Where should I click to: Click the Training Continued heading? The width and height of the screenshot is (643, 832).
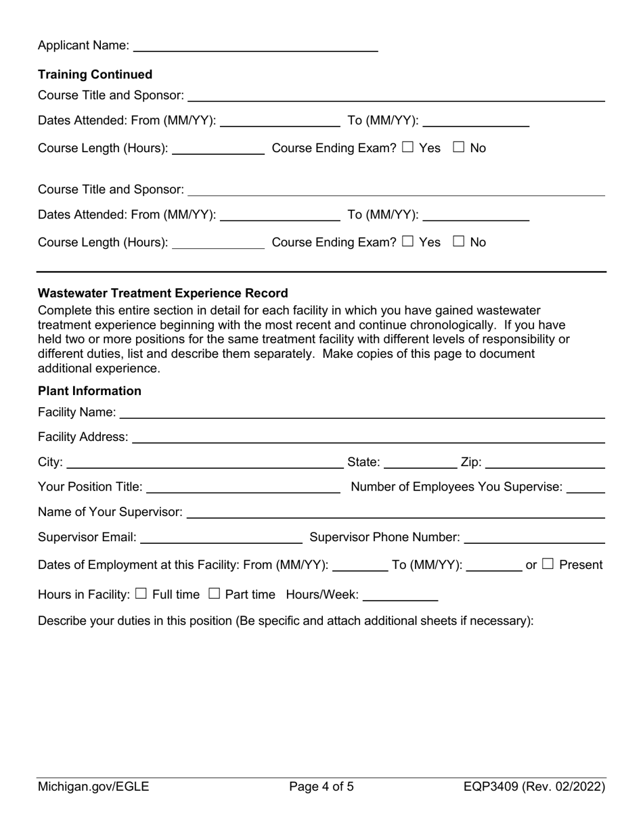[x=95, y=74]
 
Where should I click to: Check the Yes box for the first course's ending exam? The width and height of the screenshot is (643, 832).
[x=407, y=147]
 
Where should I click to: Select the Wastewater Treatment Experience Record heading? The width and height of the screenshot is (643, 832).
[x=163, y=293]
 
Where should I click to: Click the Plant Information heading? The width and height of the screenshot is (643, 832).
[x=90, y=391]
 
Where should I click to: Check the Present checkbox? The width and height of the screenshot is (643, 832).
[x=548, y=563]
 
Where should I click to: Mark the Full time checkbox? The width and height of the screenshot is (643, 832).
[x=141, y=593]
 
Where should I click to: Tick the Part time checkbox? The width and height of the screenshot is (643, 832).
[x=214, y=593]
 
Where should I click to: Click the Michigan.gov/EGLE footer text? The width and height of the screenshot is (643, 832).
[x=93, y=787]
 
